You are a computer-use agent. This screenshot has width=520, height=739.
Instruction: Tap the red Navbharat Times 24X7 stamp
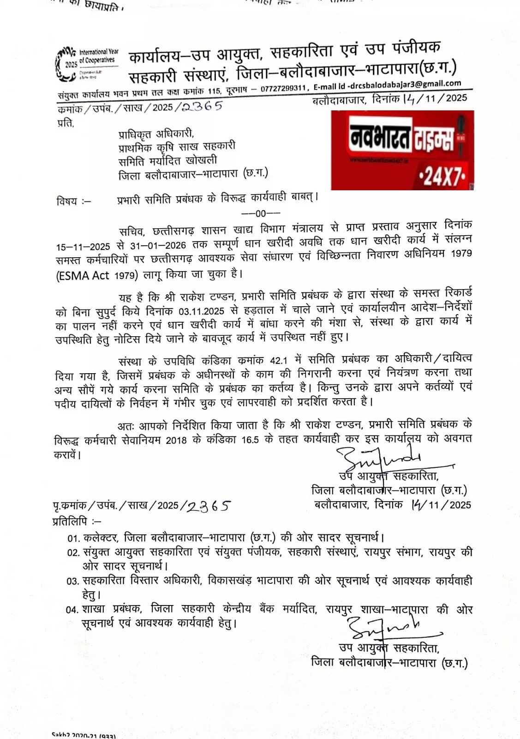(x=402, y=150)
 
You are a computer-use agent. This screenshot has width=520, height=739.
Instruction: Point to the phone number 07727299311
(x=283, y=88)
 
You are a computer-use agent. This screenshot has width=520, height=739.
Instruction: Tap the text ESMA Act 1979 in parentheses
(x=97, y=275)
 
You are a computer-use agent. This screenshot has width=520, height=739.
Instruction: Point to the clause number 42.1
(x=278, y=360)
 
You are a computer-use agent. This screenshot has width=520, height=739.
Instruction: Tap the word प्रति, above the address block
(x=65, y=123)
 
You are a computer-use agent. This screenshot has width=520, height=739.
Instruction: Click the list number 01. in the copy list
(x=74, y=539)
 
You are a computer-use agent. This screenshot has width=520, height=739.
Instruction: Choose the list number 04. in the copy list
(x=72, y=610)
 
